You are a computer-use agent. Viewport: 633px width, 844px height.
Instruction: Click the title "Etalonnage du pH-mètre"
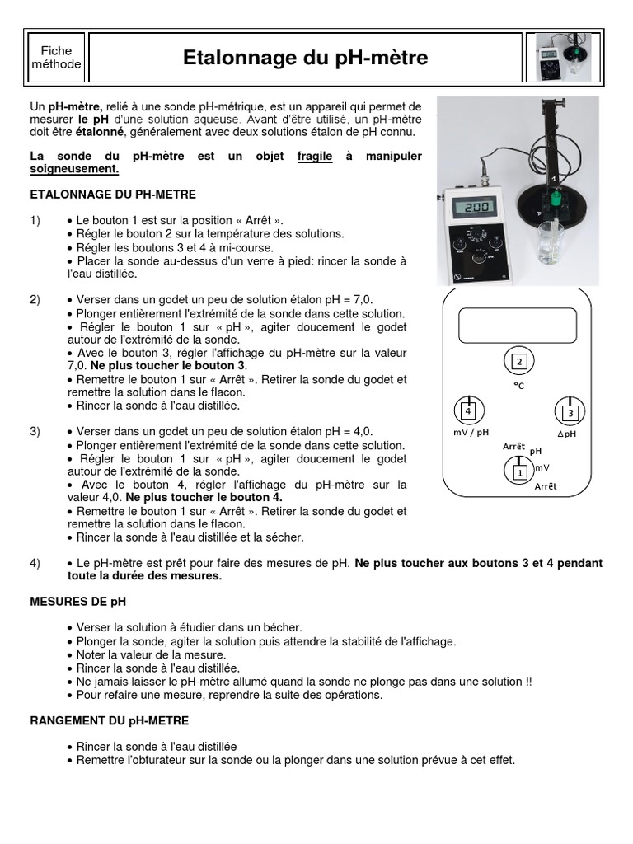305,58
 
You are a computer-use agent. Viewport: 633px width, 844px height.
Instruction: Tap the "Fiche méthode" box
56,58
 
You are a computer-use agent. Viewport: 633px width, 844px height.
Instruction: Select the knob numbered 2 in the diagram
518,362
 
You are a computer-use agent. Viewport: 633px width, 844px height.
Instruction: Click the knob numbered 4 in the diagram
468,410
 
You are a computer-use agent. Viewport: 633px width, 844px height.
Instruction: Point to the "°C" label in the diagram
518,385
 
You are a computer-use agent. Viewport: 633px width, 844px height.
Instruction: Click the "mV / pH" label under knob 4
471,433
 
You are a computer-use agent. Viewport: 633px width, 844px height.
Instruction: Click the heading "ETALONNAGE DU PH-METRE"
113,195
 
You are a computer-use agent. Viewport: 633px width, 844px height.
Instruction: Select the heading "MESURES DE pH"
78,602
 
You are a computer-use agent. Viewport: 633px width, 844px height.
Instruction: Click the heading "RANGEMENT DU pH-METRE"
110,720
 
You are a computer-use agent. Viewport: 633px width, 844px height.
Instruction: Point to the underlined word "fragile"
315,156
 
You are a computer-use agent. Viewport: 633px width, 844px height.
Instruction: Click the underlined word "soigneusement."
74,169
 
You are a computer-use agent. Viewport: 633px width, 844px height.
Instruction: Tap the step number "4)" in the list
35,563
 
